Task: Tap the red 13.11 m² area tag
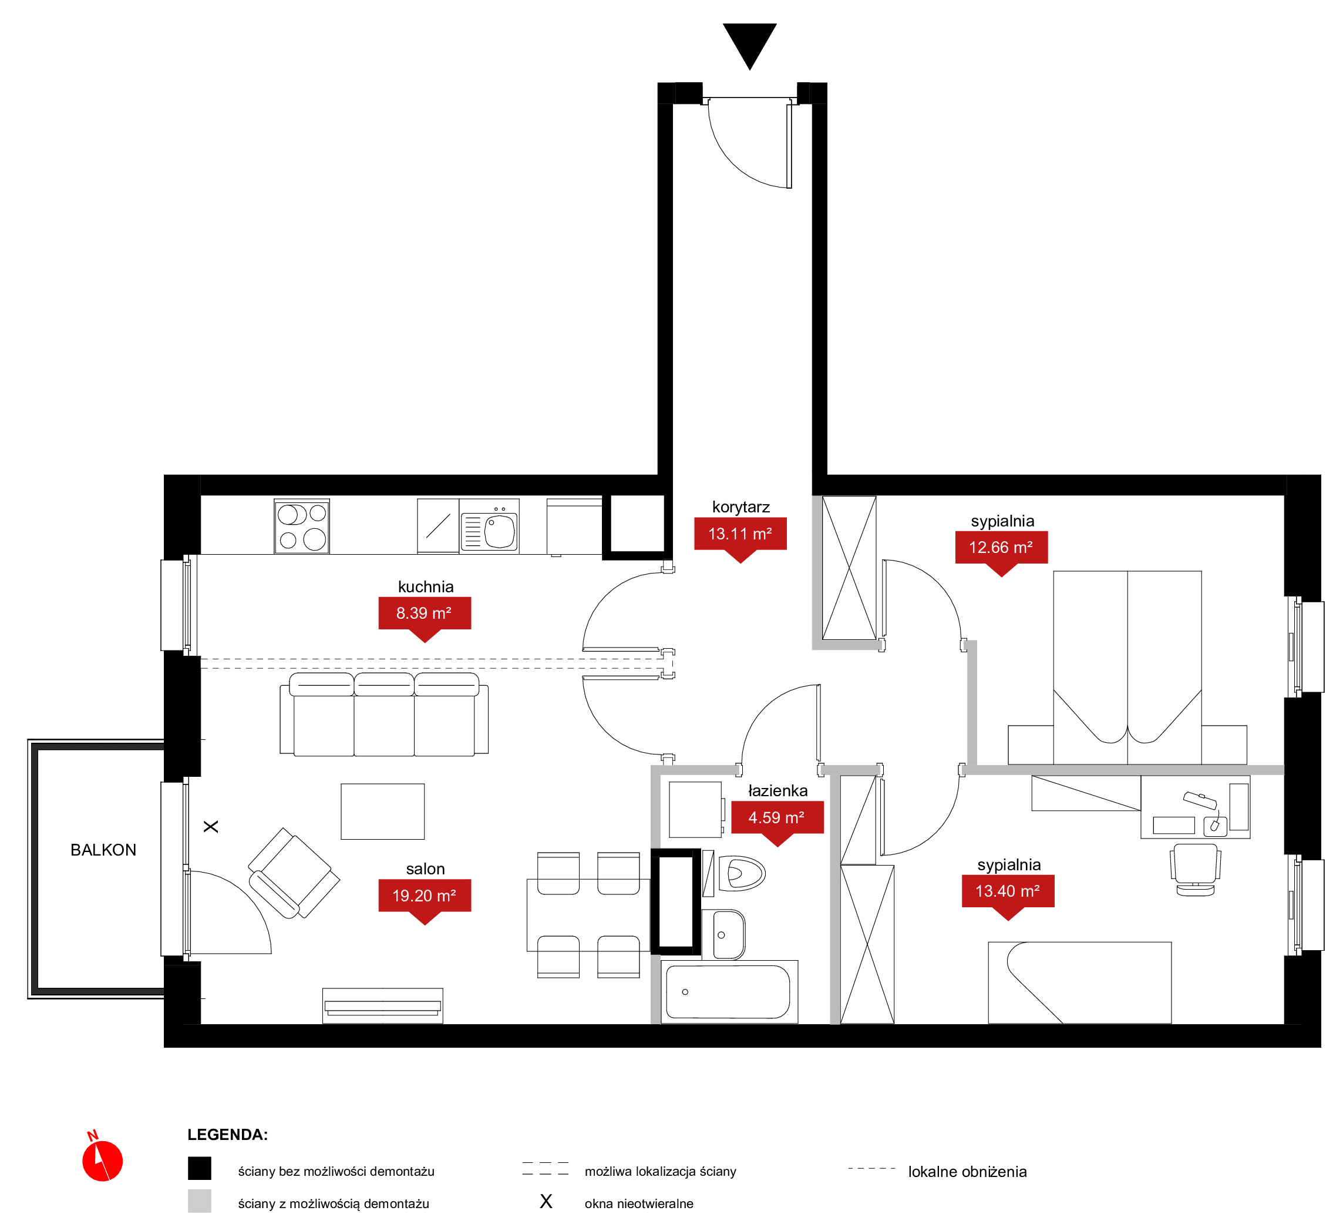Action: [x=740, y=536]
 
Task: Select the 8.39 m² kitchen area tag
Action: [x=424, y=616]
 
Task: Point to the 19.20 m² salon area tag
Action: [x=424, y=899]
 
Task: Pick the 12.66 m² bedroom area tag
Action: [x=1001, y=551]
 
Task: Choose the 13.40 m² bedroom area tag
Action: [x=1007, y=894]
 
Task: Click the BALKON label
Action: [x=103, y=850]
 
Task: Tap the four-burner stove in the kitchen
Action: [x=302, y=526]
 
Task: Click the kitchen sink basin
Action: [x=500, y=532]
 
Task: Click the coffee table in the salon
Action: [x=382, y=811]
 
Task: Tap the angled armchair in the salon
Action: [x=294, y=873]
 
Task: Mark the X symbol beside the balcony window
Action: [x=210, y=827]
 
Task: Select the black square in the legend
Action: [x=199, y=1168]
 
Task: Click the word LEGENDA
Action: [x=227, y=1135]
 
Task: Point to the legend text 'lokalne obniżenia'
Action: [x=967, y=1172]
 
